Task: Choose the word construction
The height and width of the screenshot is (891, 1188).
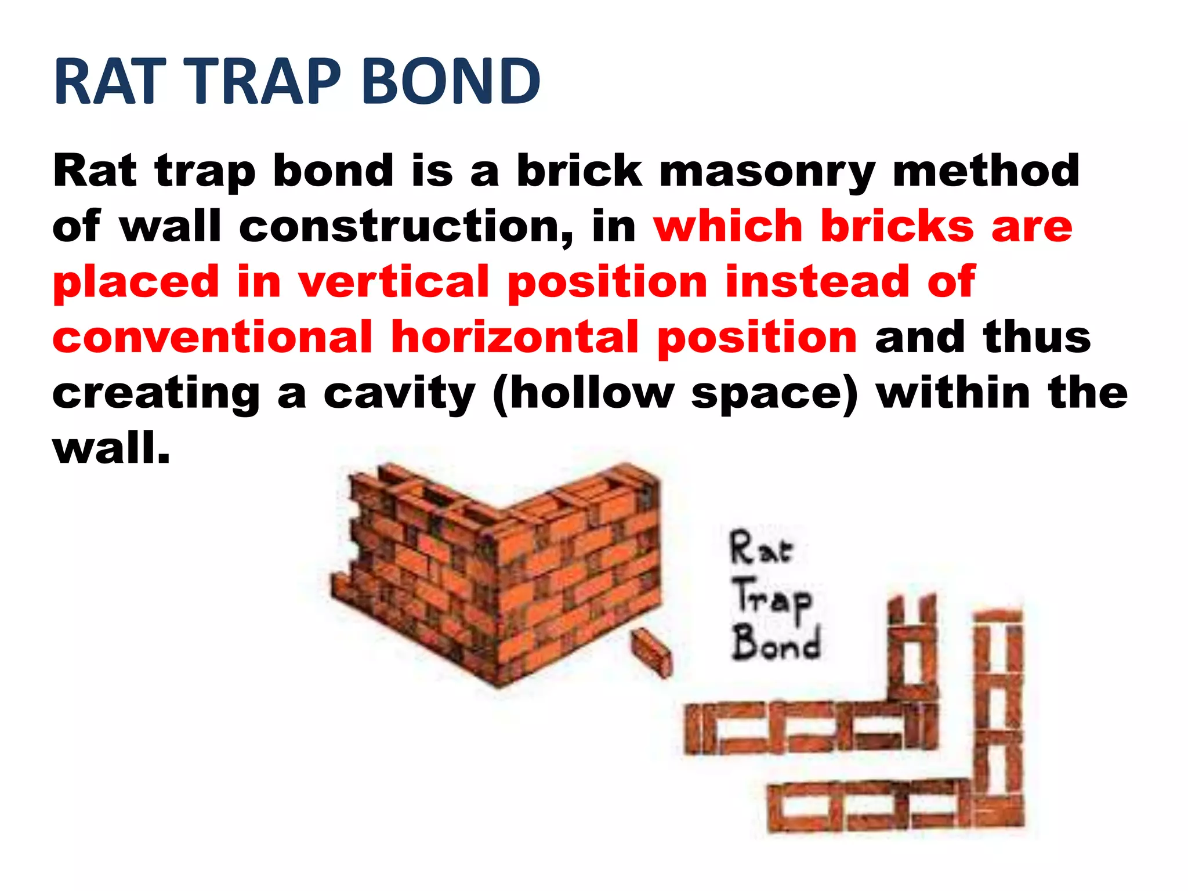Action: (x=406, y=226)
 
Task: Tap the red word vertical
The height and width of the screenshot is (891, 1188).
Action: (x=394, y=282)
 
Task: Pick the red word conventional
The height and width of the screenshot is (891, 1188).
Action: (x=212, y=338)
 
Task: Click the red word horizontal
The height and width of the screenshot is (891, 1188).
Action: (x=515, y=338)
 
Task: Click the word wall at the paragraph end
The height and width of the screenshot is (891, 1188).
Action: (x=110, y=448)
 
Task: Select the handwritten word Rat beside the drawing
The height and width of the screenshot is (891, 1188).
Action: (x=760, y=548)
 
